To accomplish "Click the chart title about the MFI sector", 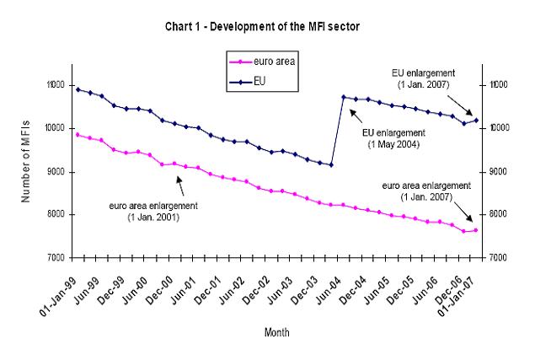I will click(274, 28).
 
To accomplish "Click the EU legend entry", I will click(260, 82).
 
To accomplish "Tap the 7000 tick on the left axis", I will click(56, 257).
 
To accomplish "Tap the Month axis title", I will click(276, 332).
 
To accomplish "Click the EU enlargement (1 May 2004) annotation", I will click(393, 138).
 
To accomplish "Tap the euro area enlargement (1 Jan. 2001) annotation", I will click(150, 210).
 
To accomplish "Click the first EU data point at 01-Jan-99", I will click(78, 89).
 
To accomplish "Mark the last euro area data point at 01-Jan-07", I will click(476, 230).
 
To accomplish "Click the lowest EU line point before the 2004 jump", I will click(331, 164).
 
